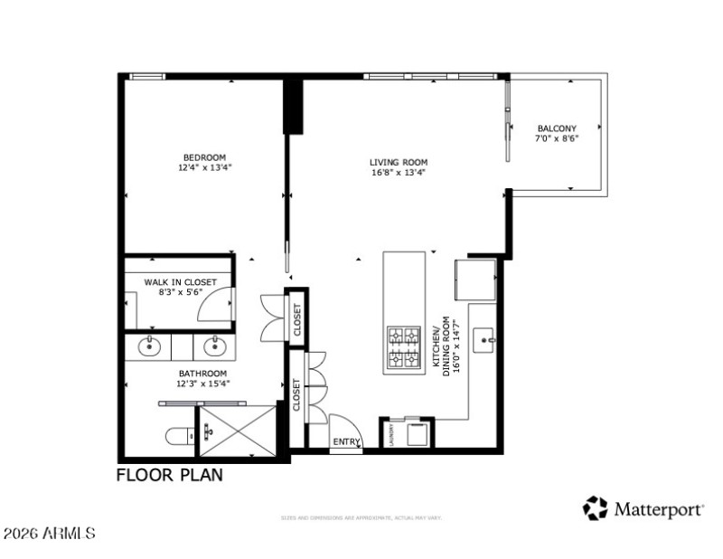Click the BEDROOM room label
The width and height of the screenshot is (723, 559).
pyautogui.click(x=203, y=156)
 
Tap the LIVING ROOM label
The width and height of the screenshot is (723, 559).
pyautogui.click(x=399, y=163)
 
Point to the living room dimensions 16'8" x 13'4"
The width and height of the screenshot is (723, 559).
pyautogui.click(x=399, y=173)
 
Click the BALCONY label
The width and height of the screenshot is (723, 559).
pyautogui.click(x=557, y=128)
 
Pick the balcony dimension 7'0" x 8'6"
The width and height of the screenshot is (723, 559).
pyautogui.click(x=557, y=138)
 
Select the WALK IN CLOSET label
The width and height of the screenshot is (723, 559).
pyautogui.click(x=181, y=282)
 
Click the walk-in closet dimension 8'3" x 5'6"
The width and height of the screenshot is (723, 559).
pyautogui.click(x=181, y=292)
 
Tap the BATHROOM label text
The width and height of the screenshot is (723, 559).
pyautogui.click(x=202, y=373)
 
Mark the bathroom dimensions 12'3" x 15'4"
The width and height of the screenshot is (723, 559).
pyautogui.click(x=202, y=383)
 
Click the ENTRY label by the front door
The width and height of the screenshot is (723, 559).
pyautogui.click(x=346, y=441)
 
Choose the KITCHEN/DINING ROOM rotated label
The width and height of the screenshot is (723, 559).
pyautogui.click(x=450, y=349)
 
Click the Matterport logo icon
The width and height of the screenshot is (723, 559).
pyautogui.click(x=595, y=508)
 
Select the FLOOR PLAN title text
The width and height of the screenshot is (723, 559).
pyautogui.click(x=169, y=475)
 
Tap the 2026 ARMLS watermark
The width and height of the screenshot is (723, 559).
pyautogui.click(x=49, y=534)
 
